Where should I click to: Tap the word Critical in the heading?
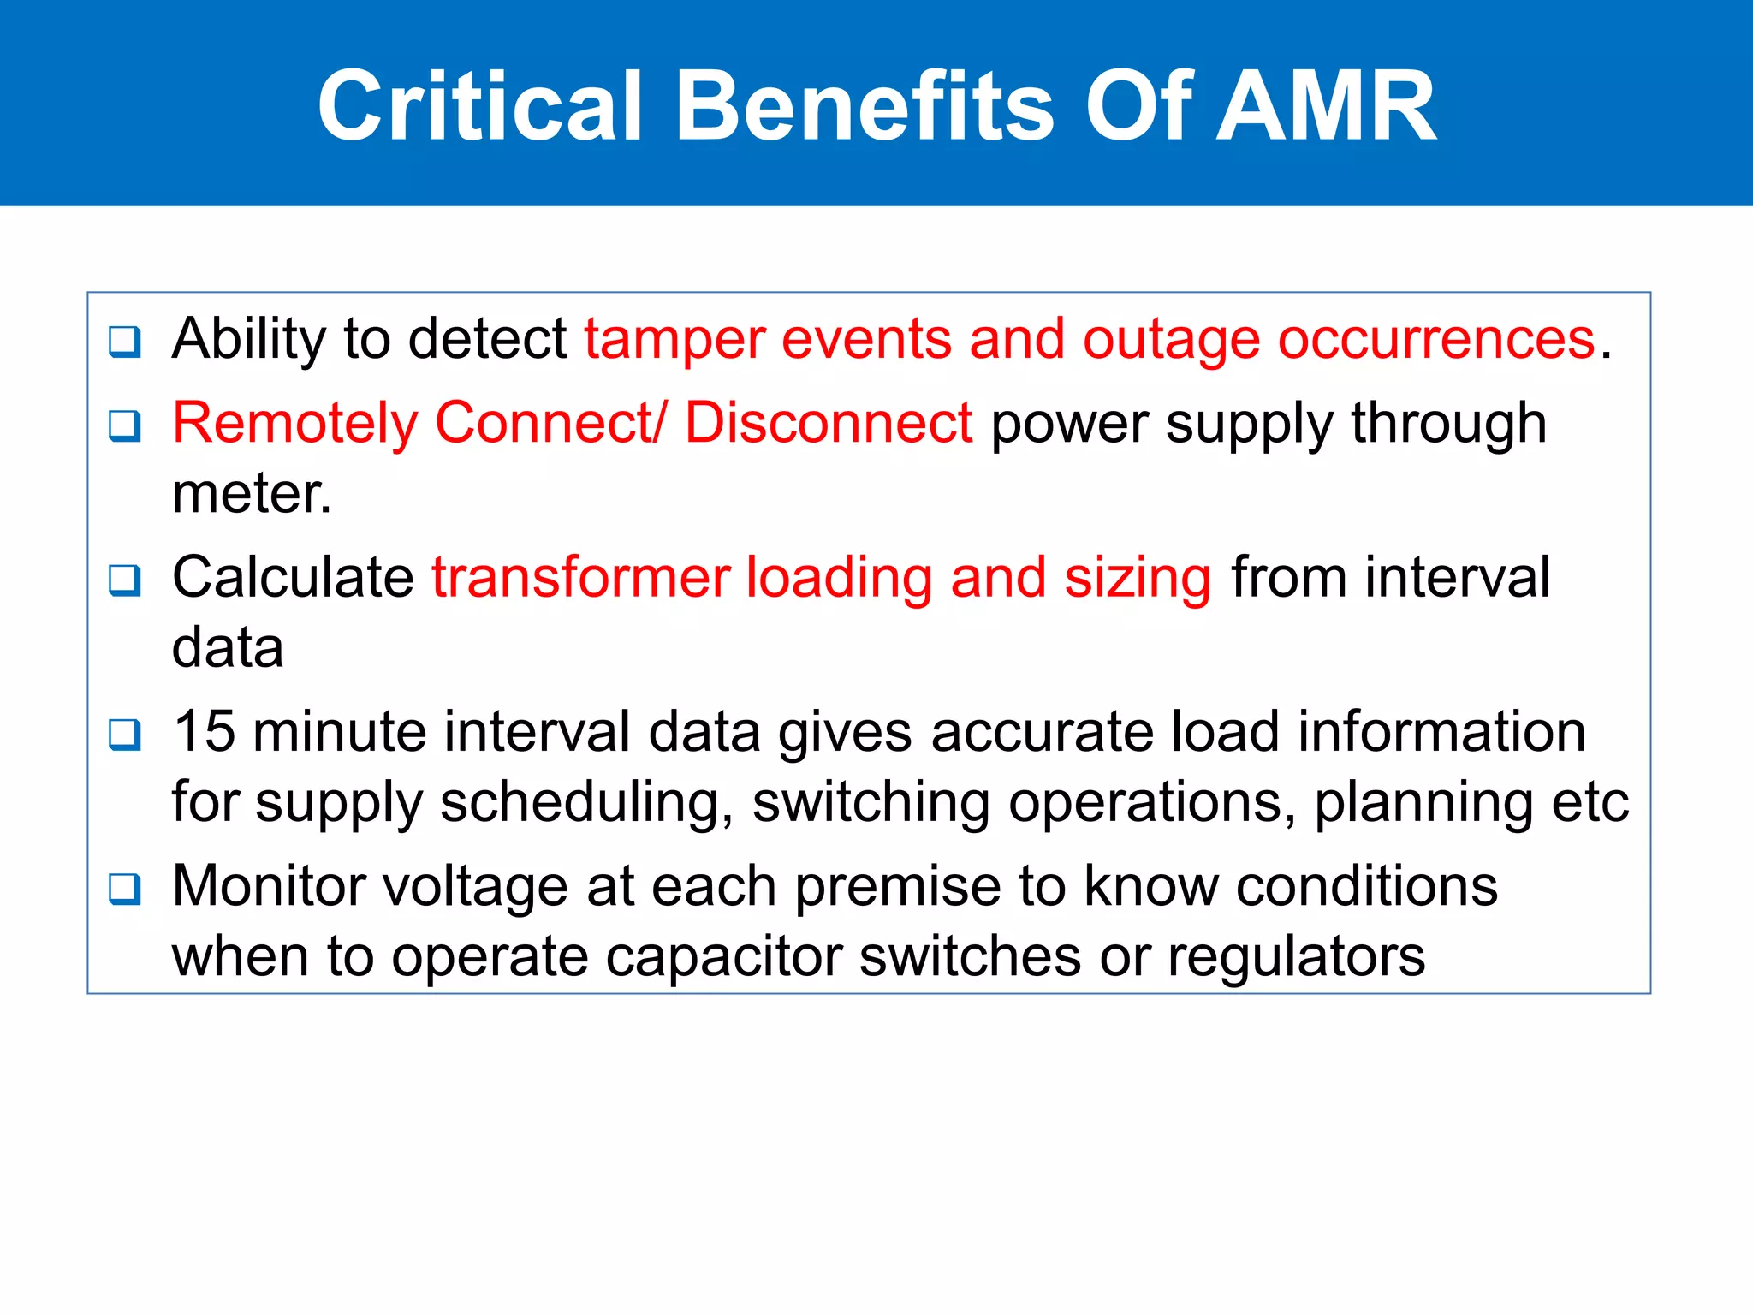tap(479, 106)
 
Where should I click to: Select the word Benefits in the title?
tap(865, 106)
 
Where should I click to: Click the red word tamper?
tap(674, 340)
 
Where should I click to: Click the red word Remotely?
tap(294, 424)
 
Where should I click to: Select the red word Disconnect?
tap(828, 424)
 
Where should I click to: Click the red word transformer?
tap(579, 578)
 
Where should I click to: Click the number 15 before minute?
tap(204, 732)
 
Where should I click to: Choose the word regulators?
tap(1296, 956)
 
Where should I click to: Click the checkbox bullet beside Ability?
tap(125, 342)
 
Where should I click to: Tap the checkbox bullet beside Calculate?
tap(125, 580)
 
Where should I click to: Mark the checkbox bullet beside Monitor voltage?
tap(125, 889)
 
